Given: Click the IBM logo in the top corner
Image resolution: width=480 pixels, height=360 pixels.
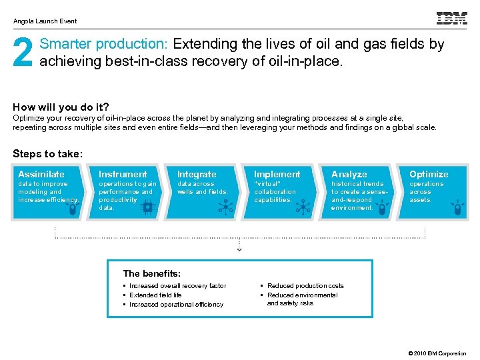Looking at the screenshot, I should click(x=451, y=19).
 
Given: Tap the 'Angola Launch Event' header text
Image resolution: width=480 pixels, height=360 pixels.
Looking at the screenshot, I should click(x=45, y=21).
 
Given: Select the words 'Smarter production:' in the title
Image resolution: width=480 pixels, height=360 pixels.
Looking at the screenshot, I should click(x=105, y=45).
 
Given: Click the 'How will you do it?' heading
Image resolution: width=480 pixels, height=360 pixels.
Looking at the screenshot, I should click(x=61, y=107).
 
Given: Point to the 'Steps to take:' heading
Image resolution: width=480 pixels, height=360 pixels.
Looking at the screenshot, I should click(x=48, y=154).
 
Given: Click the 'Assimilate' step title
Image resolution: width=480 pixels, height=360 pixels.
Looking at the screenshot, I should click(x=41, y=174).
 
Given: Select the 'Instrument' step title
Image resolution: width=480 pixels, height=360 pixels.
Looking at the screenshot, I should click(x=123, y=174).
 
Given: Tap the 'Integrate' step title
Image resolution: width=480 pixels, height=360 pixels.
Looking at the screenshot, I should click(x=197, y=174).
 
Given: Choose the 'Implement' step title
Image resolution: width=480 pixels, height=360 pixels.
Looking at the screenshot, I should click(x=277, y=174).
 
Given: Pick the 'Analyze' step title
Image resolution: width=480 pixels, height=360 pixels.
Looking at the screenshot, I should click(x=349, y=174).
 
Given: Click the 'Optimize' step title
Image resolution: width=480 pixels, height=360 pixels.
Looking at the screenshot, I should click(x=429, y=174).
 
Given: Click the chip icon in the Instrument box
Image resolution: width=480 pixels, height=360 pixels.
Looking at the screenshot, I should click(x=147, y=208).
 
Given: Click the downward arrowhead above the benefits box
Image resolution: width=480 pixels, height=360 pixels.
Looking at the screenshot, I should click(x=239, y=249).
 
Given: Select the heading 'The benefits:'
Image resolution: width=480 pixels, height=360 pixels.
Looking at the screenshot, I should click(x=152, y=273).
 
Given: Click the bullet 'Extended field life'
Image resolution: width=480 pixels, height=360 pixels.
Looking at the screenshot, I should click(x=155, y=295).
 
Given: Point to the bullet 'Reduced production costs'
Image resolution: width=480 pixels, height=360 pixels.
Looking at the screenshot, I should click(x=305, y=285).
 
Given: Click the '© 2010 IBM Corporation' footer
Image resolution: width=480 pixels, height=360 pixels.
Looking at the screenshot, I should click(x=437, y=353).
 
